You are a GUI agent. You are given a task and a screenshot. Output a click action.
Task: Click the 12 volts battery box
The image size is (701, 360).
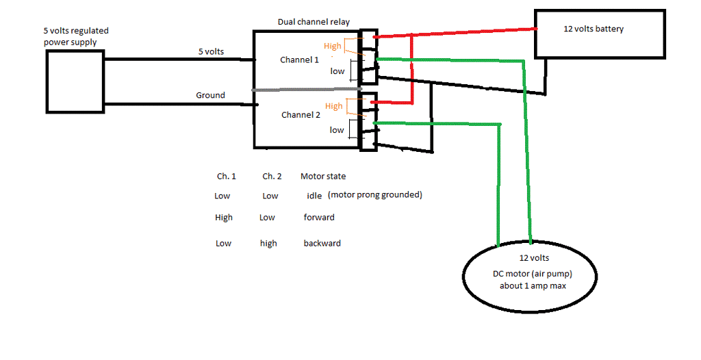click(599, 34)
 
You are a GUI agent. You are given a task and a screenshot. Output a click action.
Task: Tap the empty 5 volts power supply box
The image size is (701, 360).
click(75, 81)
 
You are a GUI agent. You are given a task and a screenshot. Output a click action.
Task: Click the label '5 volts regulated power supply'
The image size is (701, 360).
click(75, 36)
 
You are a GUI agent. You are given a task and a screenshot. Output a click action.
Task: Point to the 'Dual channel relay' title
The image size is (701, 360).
click(314, 22)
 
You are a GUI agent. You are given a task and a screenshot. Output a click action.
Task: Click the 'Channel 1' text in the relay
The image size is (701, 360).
click(299, 60)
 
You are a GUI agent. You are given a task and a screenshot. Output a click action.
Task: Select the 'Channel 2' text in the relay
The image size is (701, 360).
click(301, 115)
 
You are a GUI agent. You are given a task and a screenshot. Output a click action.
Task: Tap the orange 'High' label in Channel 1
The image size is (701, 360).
click(333, 46)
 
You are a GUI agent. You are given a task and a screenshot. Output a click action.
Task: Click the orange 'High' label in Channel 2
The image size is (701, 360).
click(333, 106)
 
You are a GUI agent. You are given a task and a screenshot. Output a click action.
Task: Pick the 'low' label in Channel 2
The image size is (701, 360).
click(337, 130)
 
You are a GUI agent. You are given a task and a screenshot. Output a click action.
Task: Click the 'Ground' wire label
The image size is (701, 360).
click(210, 96)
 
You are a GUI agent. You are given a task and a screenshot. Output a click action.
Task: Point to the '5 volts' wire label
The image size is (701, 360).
click(210, 52)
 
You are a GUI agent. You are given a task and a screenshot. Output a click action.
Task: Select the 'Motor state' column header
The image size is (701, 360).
click(323, 177)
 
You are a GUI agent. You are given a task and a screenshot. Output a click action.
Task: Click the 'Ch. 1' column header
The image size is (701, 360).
click(227, 177)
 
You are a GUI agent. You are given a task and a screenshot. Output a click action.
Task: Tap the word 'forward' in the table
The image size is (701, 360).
click(319, 218)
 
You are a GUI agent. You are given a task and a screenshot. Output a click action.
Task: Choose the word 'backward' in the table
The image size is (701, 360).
click(322, 244)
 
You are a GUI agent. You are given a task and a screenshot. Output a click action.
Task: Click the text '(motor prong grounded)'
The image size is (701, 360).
click(375, 195)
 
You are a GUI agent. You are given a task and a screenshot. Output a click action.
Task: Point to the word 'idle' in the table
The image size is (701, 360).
click(314, 196)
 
